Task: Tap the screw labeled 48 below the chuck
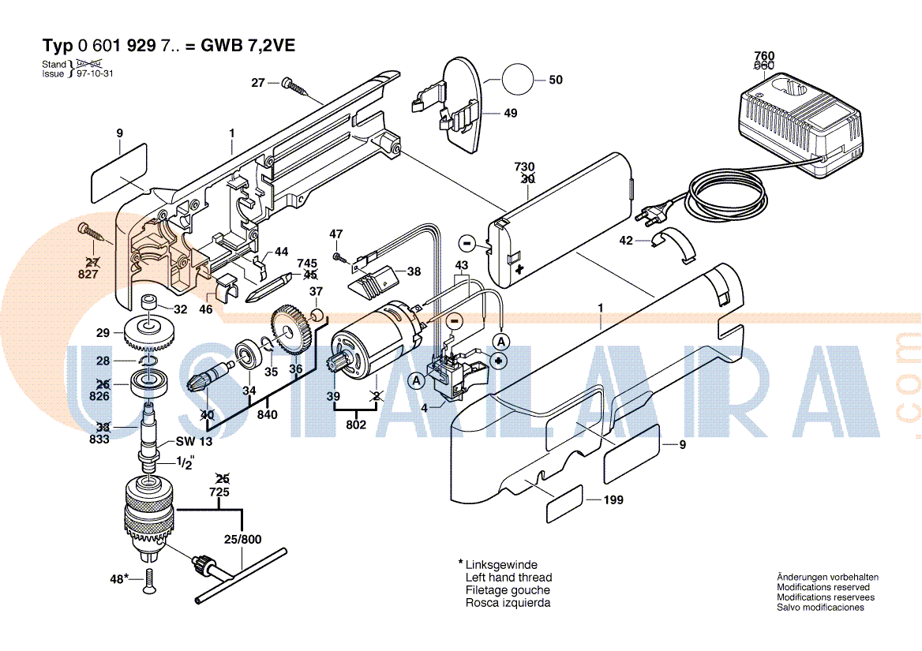(148, 582)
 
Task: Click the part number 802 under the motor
(357, 425)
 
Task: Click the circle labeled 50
(517, 80)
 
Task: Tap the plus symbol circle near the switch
(499, 361)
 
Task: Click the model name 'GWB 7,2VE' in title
(248, 46)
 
